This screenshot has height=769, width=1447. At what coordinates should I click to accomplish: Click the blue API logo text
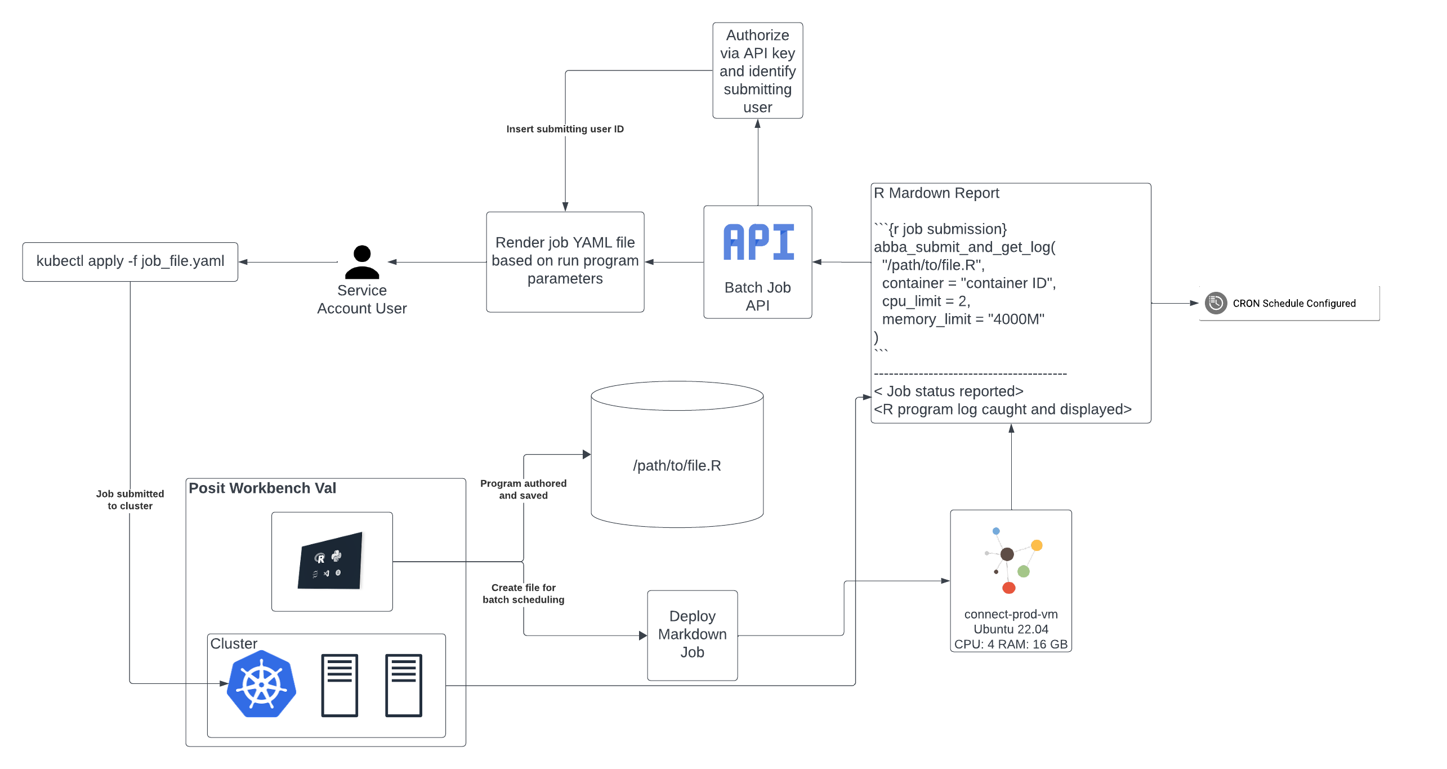(x=758, y=243)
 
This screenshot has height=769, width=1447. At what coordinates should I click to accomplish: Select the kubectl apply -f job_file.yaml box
(x=130, y=261)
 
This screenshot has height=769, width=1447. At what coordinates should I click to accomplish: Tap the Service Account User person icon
(x=362, y=262)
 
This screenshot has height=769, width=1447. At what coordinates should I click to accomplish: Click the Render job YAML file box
(x=565, y=261)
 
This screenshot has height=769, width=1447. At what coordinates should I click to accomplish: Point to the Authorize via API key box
(x=757, y=70)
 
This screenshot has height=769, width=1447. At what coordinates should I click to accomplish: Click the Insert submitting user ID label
(x=565, y=129)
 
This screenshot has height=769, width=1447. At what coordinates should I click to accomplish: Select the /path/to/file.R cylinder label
(x=677, y=465)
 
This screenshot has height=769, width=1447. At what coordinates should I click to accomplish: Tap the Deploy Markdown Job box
(x=692, y=634)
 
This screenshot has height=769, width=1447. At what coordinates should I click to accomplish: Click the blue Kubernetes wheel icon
(x=261, y=684)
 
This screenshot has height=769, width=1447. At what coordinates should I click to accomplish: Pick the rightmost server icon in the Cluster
(x=403, y=684)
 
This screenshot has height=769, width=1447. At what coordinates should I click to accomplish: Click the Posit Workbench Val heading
(x=262, y=488)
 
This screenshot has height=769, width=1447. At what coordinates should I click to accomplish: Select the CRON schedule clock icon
(x=1216, y=303)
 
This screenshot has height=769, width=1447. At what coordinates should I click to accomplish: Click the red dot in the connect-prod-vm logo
(x=1008, y=588)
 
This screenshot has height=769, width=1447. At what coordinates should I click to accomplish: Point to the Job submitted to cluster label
(x=130, y=500)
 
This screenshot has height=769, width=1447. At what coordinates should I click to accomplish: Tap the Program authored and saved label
(x=523, y=489)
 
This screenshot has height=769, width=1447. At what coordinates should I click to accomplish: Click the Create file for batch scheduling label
(x=523, y=593)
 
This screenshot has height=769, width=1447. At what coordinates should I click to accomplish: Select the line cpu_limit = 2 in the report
(x=926, y=301)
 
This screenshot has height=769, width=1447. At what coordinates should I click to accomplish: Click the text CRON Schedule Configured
(x=1294, y=303)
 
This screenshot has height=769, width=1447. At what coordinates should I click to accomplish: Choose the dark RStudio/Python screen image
(x=330, y=561)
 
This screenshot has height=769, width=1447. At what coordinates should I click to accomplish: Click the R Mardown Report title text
(x=936, y=193)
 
